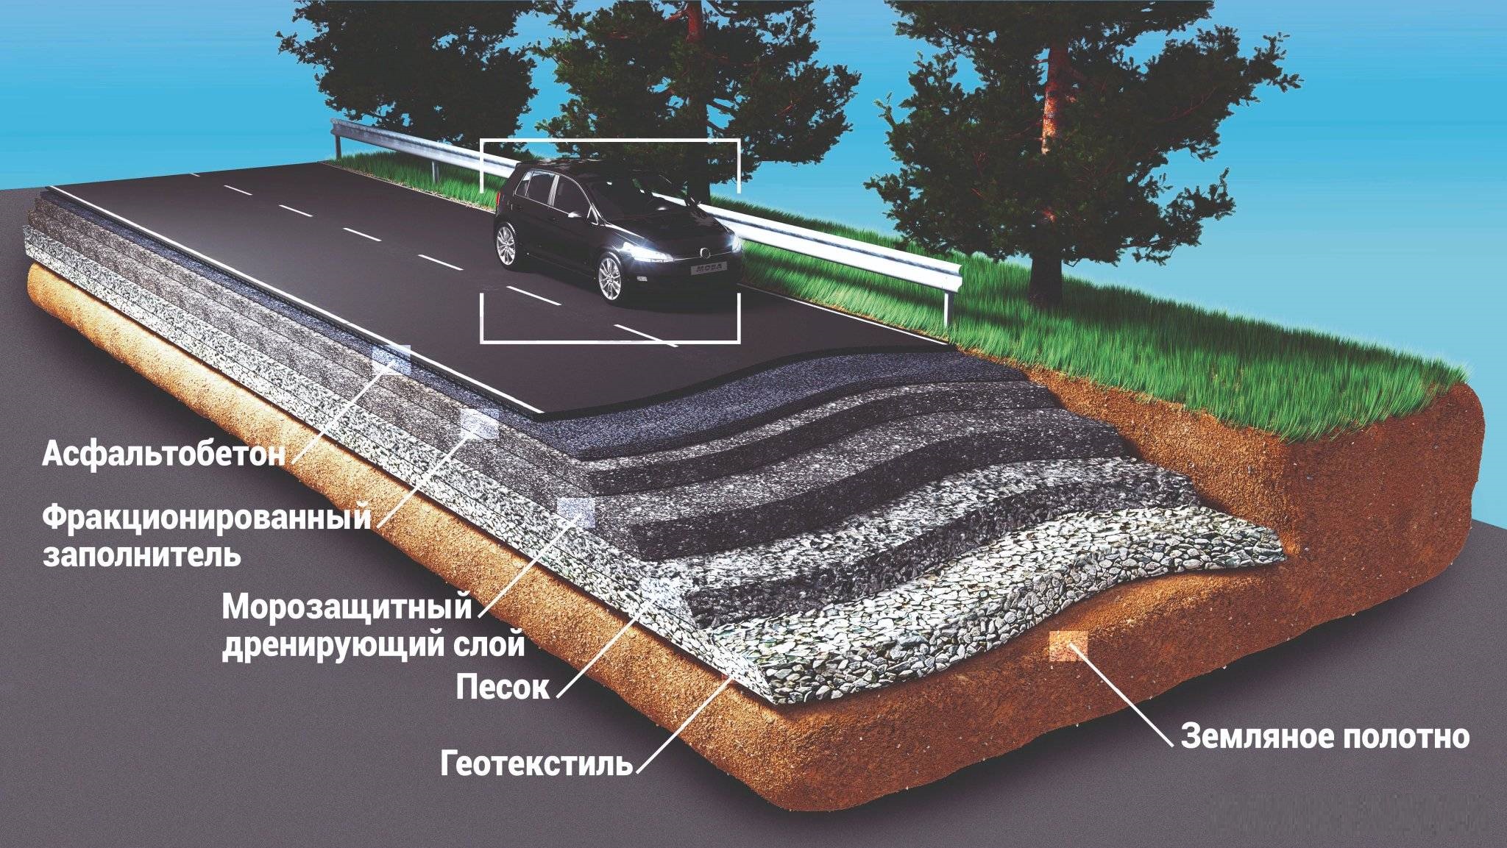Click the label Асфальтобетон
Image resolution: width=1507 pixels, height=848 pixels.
tap(163, 454)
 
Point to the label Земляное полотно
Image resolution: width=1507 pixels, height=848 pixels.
tap(1325, 735)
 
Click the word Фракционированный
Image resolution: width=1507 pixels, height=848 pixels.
tap(206, 519)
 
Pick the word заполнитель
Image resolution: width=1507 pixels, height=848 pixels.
tap(141, 554)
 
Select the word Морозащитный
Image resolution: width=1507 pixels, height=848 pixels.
tap(347, 609)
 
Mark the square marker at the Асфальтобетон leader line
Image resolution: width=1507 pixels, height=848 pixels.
tap(391, 357)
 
